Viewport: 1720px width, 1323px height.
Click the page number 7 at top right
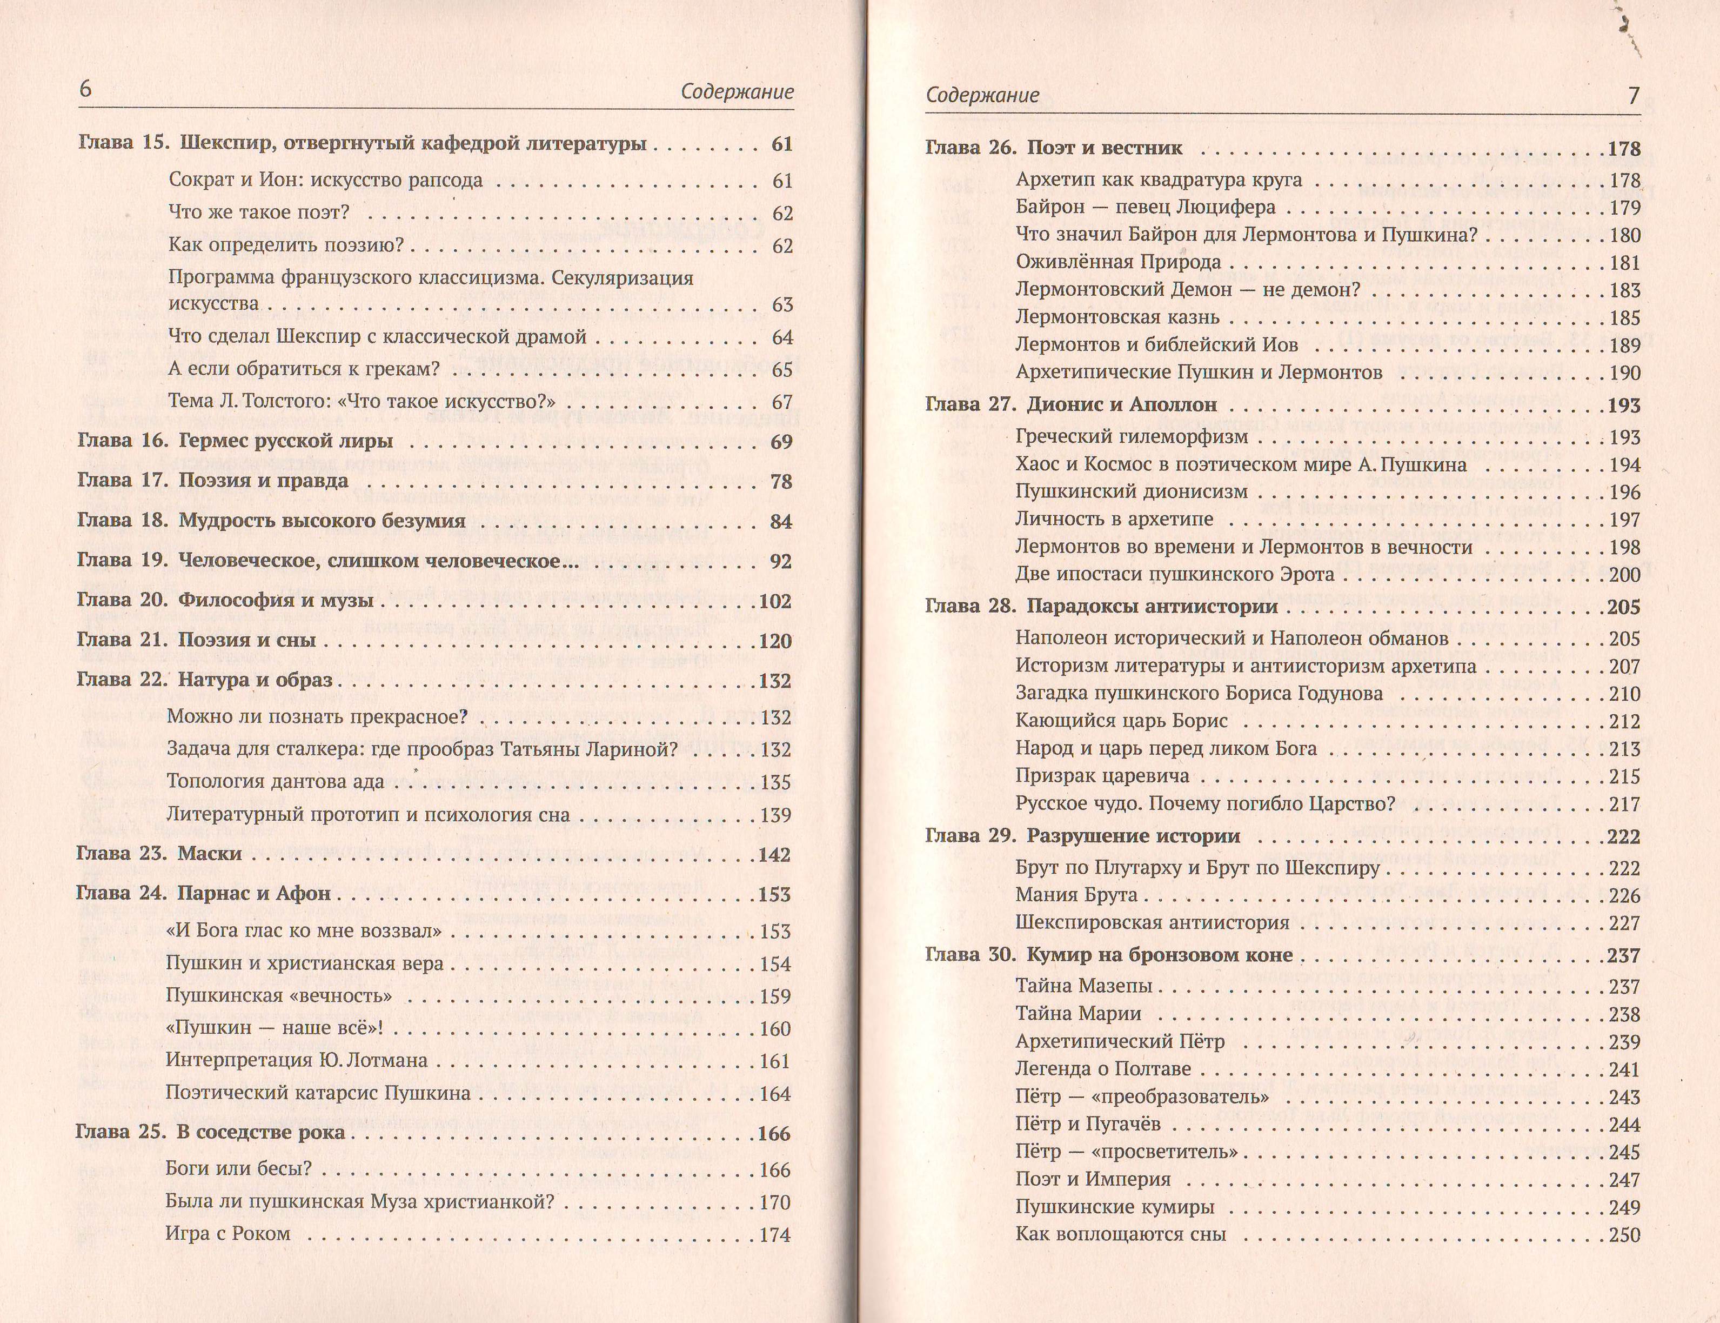tap(1634, 95)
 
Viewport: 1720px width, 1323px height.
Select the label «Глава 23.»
tap(121, 854)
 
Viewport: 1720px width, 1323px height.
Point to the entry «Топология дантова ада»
tap(276, 781)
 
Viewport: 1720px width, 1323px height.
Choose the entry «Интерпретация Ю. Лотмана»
tap(297, 1060)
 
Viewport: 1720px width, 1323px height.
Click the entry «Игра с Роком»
tap(227, 1233)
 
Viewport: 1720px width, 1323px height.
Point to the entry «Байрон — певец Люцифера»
tap(1146, 208)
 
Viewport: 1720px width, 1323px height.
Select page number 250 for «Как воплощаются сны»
tap(1624, 1235)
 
